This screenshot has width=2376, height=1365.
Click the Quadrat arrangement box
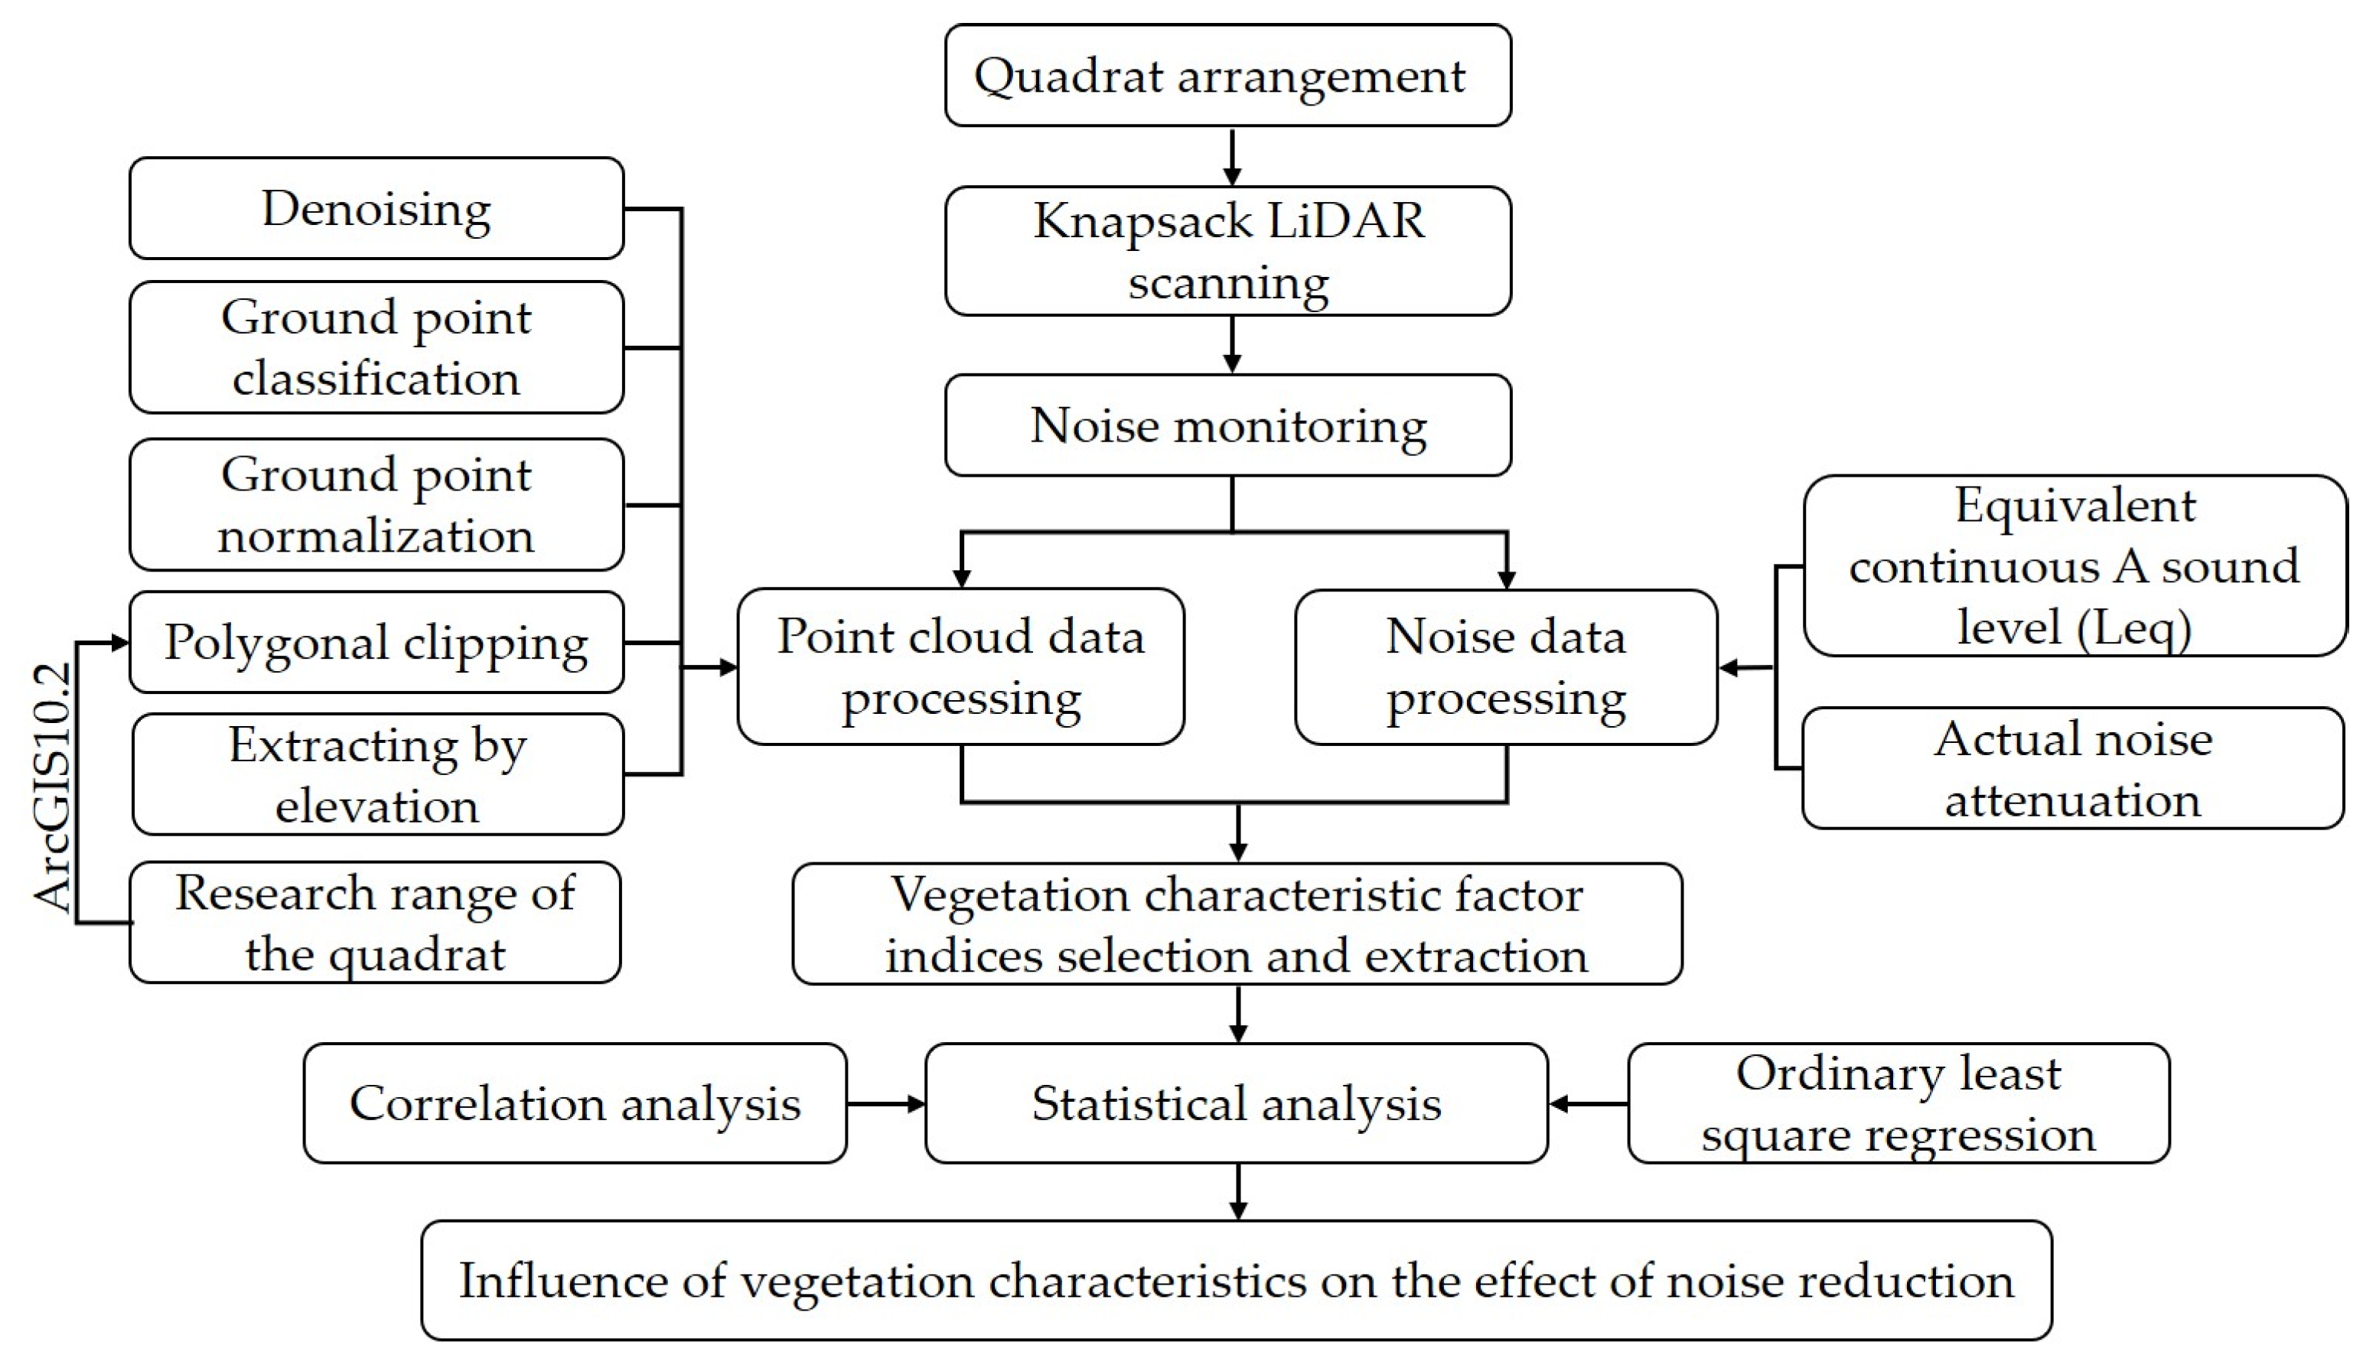click(x=1227, y=75)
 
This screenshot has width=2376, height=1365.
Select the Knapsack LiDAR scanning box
click(x=1227, y=250)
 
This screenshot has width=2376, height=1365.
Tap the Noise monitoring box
click(x=1227, y=425)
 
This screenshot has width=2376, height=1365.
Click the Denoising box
click(x=376, y=208)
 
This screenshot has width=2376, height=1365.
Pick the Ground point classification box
click(x=376, y=347)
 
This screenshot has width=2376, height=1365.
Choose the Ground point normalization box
click(x=376, y=504)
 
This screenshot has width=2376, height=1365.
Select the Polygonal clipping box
click(x=376, y=642)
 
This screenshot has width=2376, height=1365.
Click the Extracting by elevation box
click(x=378, y=774)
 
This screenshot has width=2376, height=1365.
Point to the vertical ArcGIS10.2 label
click(x=53, y=787)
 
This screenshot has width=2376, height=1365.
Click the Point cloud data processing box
click(x=960, y=666)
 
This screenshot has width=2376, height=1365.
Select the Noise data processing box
click(x=1506, y=666)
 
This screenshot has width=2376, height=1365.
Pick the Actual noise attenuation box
click(x=2072, y=768)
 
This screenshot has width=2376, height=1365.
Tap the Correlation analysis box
click(x=575, y=1103)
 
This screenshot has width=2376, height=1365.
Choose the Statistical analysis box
click(x=1236, y=1103)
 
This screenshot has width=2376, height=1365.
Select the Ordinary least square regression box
click(x=1898, y=1103)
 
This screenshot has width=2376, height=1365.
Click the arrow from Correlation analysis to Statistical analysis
click(x=885, y=1103)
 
